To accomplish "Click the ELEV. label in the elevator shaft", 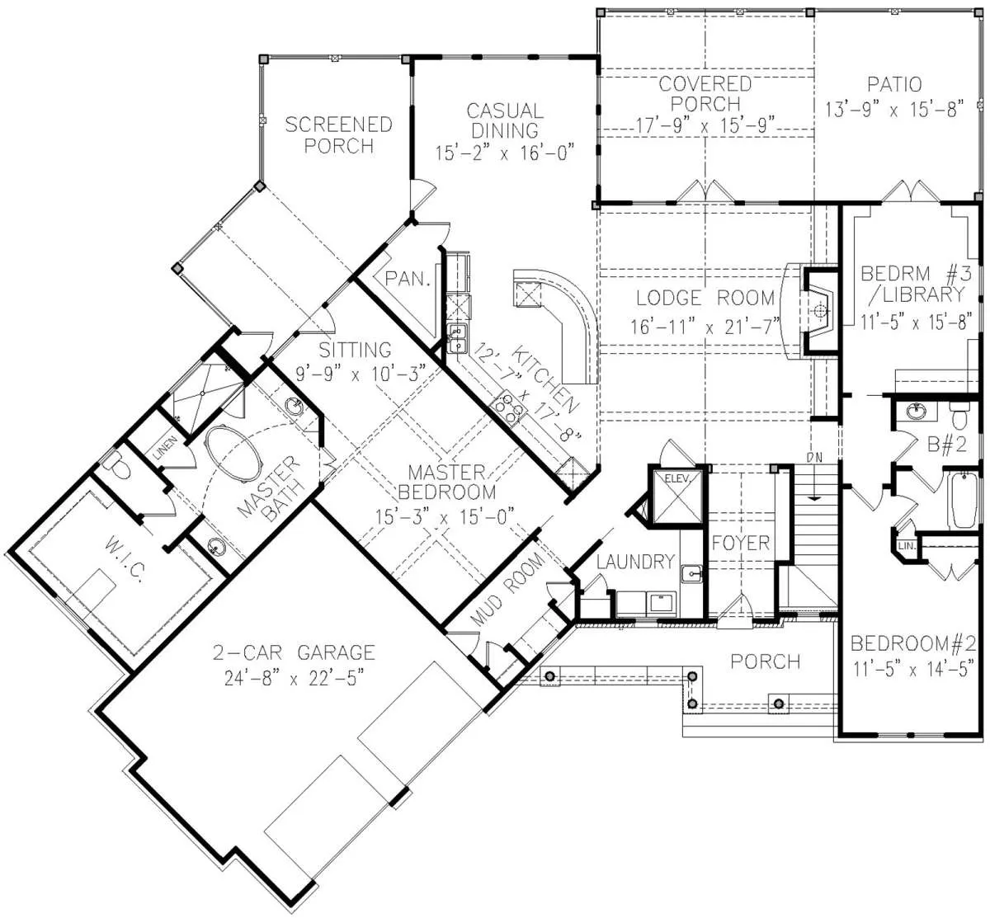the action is (x=677, y=479).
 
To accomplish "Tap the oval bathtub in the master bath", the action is (x=233, y=454).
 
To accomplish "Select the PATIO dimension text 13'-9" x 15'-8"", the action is (x=894, y=110).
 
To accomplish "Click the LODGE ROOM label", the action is (x=705, y=298).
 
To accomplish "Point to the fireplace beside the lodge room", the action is (x=818, y=312).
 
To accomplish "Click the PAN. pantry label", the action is (x=408, y=279).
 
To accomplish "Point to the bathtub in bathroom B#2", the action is (x=962, y=500).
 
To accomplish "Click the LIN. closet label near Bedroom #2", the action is (x=906, y=546).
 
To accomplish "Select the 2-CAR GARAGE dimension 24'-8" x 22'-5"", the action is (x=294, y=678).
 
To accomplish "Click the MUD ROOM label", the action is (x=508, y=589).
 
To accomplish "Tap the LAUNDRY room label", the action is (x=635, y=562).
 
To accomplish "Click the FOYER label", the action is (x=741, y=543).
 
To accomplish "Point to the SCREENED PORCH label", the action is (x=338, y=134).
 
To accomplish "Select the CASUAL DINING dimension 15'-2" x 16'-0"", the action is (x=504, y=153).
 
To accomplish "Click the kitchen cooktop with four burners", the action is (x=509, y=407).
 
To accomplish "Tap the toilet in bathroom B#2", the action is (x=959, y=415).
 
